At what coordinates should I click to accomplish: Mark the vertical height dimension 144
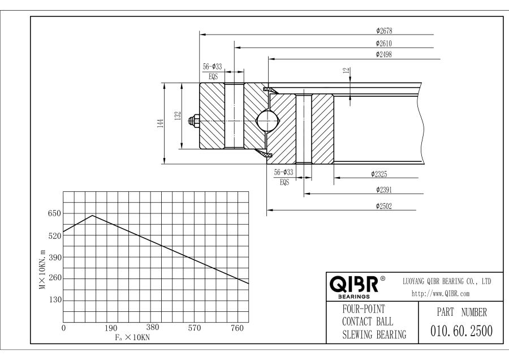(161, 123)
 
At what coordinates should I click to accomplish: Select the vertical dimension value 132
(178, 117)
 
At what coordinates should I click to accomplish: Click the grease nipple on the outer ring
(194, 120)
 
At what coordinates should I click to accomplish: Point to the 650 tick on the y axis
(54, 214)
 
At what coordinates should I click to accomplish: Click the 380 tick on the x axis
(153, 327)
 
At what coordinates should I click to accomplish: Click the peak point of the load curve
(92, 215)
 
